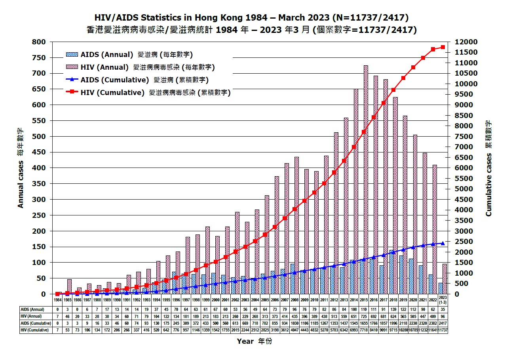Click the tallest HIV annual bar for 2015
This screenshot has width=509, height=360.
[x=366, y=178]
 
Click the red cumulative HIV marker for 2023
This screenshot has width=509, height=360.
[x=443, y=47]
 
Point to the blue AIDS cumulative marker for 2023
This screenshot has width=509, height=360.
[x=443, y=243]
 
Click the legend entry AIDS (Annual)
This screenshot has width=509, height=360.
[x=106, y=55]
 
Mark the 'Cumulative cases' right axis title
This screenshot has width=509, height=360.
[x=489, y=168]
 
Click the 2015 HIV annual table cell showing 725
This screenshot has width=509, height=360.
[x=364, y=316]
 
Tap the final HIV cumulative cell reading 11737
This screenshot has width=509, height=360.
[x=443, y=330]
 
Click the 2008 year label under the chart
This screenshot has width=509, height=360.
[x=294, y=300]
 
